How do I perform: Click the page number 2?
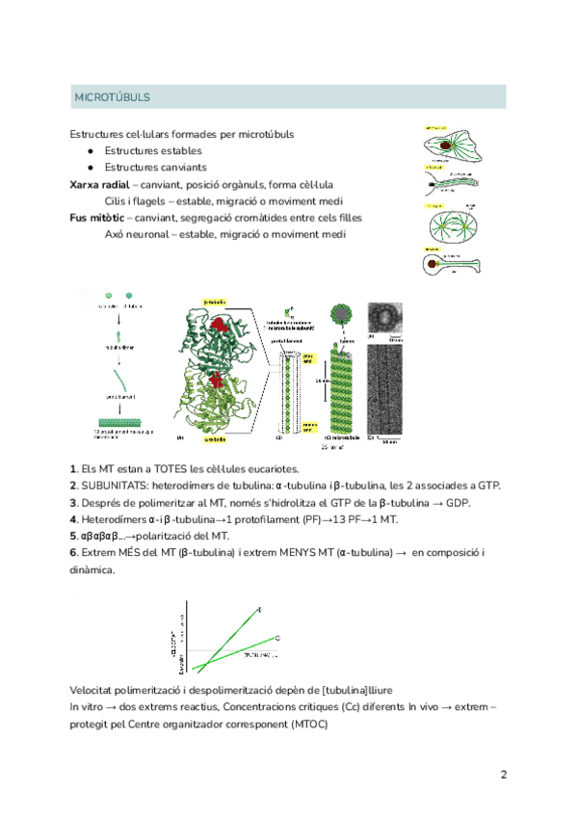[x=503, y=775]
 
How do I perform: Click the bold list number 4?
[x=73, y=519]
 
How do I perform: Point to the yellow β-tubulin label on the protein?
[x=214, y=301]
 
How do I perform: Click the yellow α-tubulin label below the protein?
[x=214, y=438]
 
